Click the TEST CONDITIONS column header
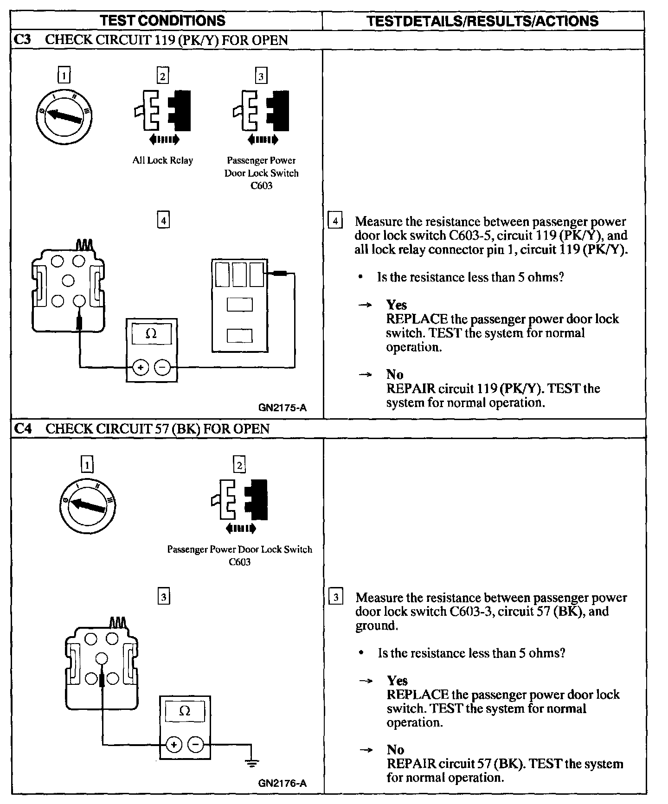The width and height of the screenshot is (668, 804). point(162,21)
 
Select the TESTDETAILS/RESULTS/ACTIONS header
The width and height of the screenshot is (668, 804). point(482,21)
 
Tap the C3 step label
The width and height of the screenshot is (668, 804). point(22,40)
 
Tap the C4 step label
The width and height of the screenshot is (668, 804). point(22,428)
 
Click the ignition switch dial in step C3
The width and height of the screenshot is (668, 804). point(64,115)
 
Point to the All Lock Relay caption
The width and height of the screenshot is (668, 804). point(162,160)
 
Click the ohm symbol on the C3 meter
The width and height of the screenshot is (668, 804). point(151,334)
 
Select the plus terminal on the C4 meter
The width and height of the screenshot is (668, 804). point(173,745)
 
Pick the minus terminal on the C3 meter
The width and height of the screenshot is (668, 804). point(162,368)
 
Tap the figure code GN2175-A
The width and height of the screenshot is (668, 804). point(283,408)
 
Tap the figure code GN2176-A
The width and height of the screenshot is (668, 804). point(283,784)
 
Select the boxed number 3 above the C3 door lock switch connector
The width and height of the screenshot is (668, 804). point(261,76)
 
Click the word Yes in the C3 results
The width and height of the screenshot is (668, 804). point(397,305)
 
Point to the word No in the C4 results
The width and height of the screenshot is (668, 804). point(395,750)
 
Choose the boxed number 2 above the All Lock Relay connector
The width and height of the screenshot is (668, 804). point(162,76)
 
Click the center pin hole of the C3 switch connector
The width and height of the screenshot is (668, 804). point(68,281)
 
